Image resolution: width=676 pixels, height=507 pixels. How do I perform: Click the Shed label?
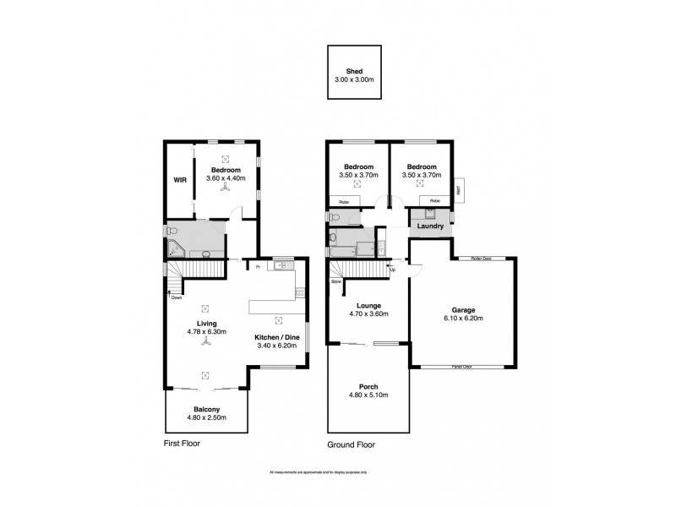coord(354,72)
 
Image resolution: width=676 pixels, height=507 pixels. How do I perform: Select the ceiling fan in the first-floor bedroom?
coord(226,189)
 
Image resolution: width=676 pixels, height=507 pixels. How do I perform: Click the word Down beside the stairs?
coord(176,297)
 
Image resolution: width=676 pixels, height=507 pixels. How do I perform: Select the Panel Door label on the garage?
coord(461,366)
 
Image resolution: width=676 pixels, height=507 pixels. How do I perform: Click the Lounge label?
coord(368,305)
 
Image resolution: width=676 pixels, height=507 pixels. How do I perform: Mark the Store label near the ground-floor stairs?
coord(335,281)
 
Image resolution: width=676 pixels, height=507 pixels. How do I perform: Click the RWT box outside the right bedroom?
coord(459,190)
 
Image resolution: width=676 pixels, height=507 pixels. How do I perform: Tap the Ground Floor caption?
coord(351,444)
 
